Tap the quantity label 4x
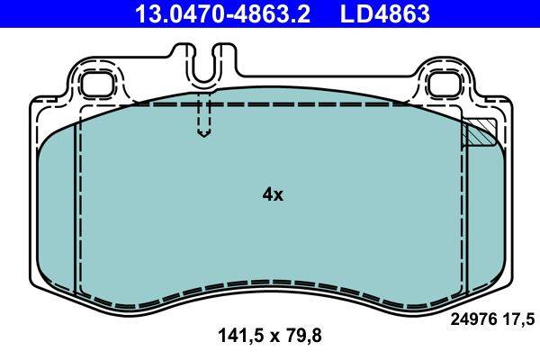pos(272,194)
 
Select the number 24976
pos(473,317)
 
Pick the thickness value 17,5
pos(519,317)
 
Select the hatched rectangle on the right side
pos(479,133)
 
